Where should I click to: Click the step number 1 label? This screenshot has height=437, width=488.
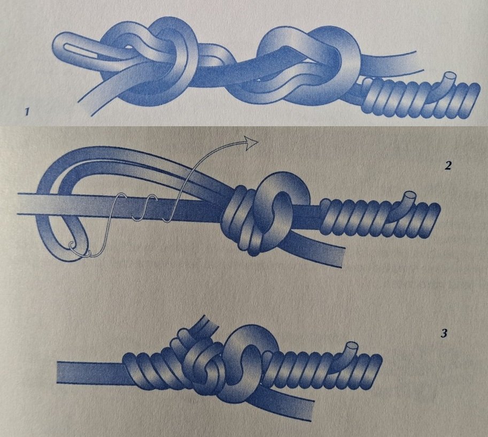coord(28,111)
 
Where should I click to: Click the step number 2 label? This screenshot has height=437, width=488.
coord(447,165)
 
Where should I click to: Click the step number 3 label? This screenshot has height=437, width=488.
coord(444,334)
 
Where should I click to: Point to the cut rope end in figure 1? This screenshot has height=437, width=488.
coord(450,76)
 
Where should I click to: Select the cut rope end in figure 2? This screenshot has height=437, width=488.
coord(409,195)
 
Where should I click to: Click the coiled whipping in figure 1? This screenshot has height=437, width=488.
coord(420,97)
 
